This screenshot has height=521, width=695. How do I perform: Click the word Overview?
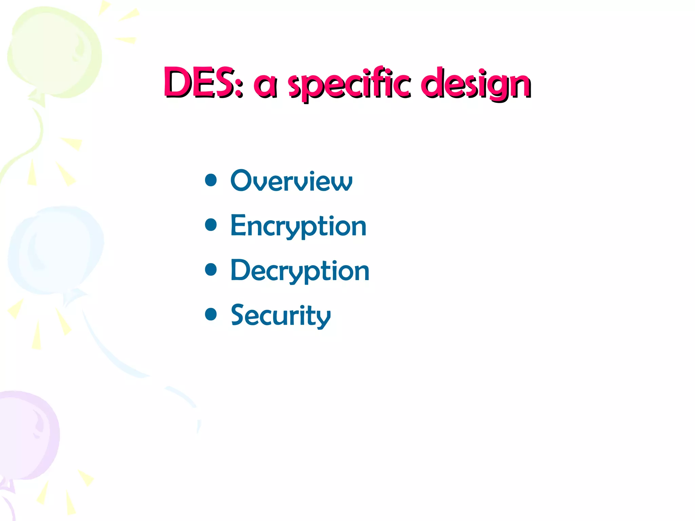point(291,181)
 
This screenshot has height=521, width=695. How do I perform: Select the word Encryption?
point(298,226)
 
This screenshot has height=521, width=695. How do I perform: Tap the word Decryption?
point(300,271)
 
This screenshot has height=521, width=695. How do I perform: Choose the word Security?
point(281,316)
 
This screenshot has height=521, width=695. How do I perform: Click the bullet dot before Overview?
point(211,180)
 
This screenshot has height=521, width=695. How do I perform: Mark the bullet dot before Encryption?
point(211,225)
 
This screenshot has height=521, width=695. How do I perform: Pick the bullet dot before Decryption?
point(211,270)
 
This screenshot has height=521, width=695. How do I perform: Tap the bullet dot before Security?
point(211,314)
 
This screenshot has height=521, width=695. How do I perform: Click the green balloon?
point(54,53)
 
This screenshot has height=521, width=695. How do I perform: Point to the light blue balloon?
point(56,249)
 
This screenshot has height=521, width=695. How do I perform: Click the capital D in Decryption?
point(241,270)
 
